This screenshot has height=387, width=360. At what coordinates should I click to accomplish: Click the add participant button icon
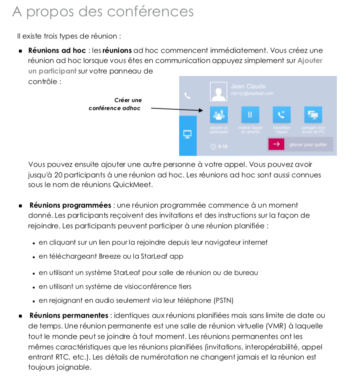tap(219, 114)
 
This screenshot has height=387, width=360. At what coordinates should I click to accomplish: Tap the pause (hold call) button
tap(250, 114)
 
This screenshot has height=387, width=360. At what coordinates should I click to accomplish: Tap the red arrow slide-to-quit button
tap(276, 144)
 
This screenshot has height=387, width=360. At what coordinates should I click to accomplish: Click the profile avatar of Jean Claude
tap(219, 91)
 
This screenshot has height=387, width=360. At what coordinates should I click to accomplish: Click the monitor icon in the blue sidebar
tap(188, 134)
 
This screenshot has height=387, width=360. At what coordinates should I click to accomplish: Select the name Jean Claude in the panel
tap(248, 86)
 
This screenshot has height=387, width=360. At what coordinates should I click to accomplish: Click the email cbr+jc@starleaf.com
tap(252, 93)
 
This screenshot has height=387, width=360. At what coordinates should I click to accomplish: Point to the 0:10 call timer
tap(220, 146)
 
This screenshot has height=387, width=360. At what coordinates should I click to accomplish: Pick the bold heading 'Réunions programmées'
tap(70, 205)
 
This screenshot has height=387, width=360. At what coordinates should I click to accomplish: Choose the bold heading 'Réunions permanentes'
tap(69, 315)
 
